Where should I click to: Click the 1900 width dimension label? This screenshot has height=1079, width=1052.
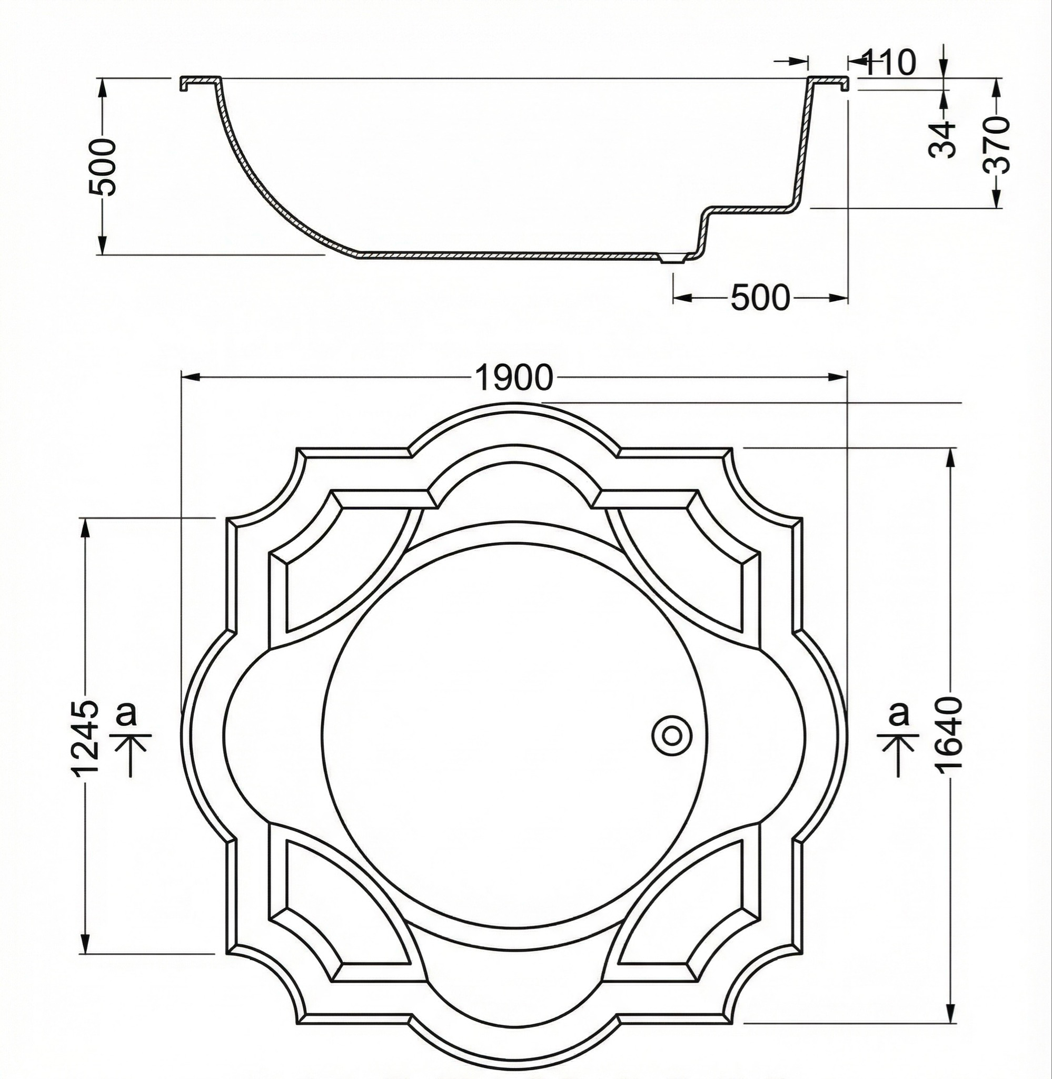513,378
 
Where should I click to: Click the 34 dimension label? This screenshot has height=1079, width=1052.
942,140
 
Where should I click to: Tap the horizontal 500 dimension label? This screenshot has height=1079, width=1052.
760,299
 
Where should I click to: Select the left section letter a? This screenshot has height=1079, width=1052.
126,713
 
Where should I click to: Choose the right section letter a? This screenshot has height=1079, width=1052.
899,713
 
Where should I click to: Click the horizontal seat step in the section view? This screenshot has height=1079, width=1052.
751,211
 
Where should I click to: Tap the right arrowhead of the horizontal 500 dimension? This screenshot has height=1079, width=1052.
839,299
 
